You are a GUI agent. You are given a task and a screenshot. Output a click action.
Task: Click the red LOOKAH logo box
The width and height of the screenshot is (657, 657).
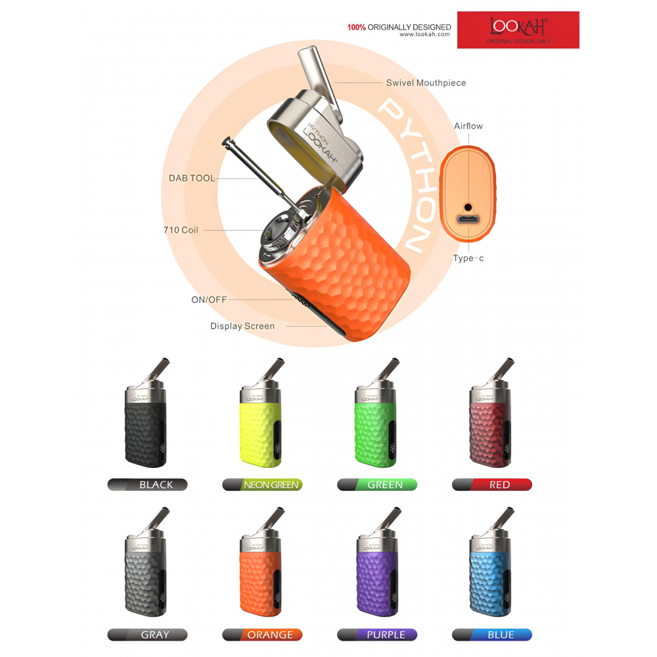pyautogui.click(x=518, y=30)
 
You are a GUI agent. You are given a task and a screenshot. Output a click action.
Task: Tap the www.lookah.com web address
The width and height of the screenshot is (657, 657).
pyautogui.click(x=424, y=34)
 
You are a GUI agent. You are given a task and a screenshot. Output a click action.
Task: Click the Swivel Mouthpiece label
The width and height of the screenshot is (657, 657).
pyautogui.click(x=426, y=83)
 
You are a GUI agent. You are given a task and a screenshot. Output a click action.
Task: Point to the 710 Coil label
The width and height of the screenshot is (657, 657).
pyautogui.click(x=181, y=230)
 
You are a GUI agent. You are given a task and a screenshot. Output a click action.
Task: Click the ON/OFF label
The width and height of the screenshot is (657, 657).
pyautogui.click(x=209, y=300)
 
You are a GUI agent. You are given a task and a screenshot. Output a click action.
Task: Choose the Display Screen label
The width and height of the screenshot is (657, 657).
pyautogui.click(x=242, y=326)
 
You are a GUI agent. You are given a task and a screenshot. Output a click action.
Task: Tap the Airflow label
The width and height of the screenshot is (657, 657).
pyautogui.click(x=468, y=125)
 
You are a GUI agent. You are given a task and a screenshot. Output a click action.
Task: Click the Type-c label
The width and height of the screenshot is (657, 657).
pyautogui.click(x=468, y=258)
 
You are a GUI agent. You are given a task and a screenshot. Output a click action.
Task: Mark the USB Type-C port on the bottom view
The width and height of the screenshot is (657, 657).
pyautogui.click(x=468, y=221)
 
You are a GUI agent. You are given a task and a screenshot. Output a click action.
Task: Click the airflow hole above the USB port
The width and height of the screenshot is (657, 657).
pyautogui.click(x=468, y=206)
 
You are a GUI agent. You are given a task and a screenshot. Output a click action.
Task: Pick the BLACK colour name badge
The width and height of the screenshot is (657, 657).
pyautogui.click(x=148, y=485)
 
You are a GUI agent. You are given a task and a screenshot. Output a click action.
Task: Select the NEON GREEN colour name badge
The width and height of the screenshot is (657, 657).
pyautogui.click(x=262, y=485)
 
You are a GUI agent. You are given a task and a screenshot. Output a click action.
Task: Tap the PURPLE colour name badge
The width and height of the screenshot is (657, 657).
pyautogui.click(x=377, y=635)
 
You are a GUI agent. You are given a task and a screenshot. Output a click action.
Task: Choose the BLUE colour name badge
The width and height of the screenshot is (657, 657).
pyautogui.click(x=492, y=635)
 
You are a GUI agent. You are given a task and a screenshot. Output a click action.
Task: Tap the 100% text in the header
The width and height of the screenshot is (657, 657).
pyautogui.click(x=356, y=28)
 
